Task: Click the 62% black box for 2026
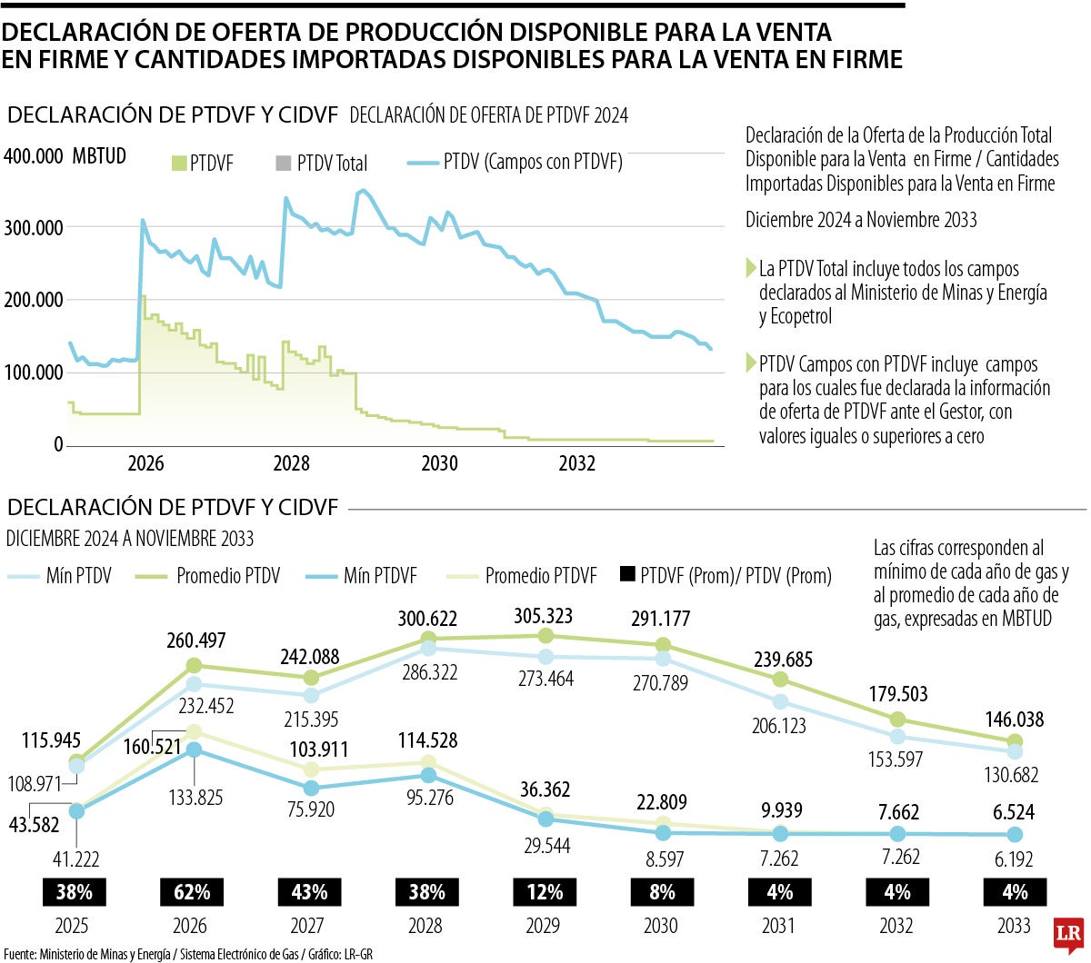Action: point(191,892)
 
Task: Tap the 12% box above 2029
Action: point(545,892)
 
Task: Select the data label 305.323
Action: point(545,616)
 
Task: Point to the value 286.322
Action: point(427,673)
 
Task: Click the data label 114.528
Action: point(427,740)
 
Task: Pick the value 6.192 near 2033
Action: point(1015,859)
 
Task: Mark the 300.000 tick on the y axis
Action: point(34,227)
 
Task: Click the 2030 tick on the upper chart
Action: point(439,463)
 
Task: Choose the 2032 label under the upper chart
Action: point(576,463)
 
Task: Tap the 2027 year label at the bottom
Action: point(309,926)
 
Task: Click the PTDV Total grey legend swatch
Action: point(282,164)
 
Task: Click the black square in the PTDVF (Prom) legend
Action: point(626,575)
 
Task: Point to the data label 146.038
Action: point(1015,720)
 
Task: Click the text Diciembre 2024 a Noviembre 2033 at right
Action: point(861,220)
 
